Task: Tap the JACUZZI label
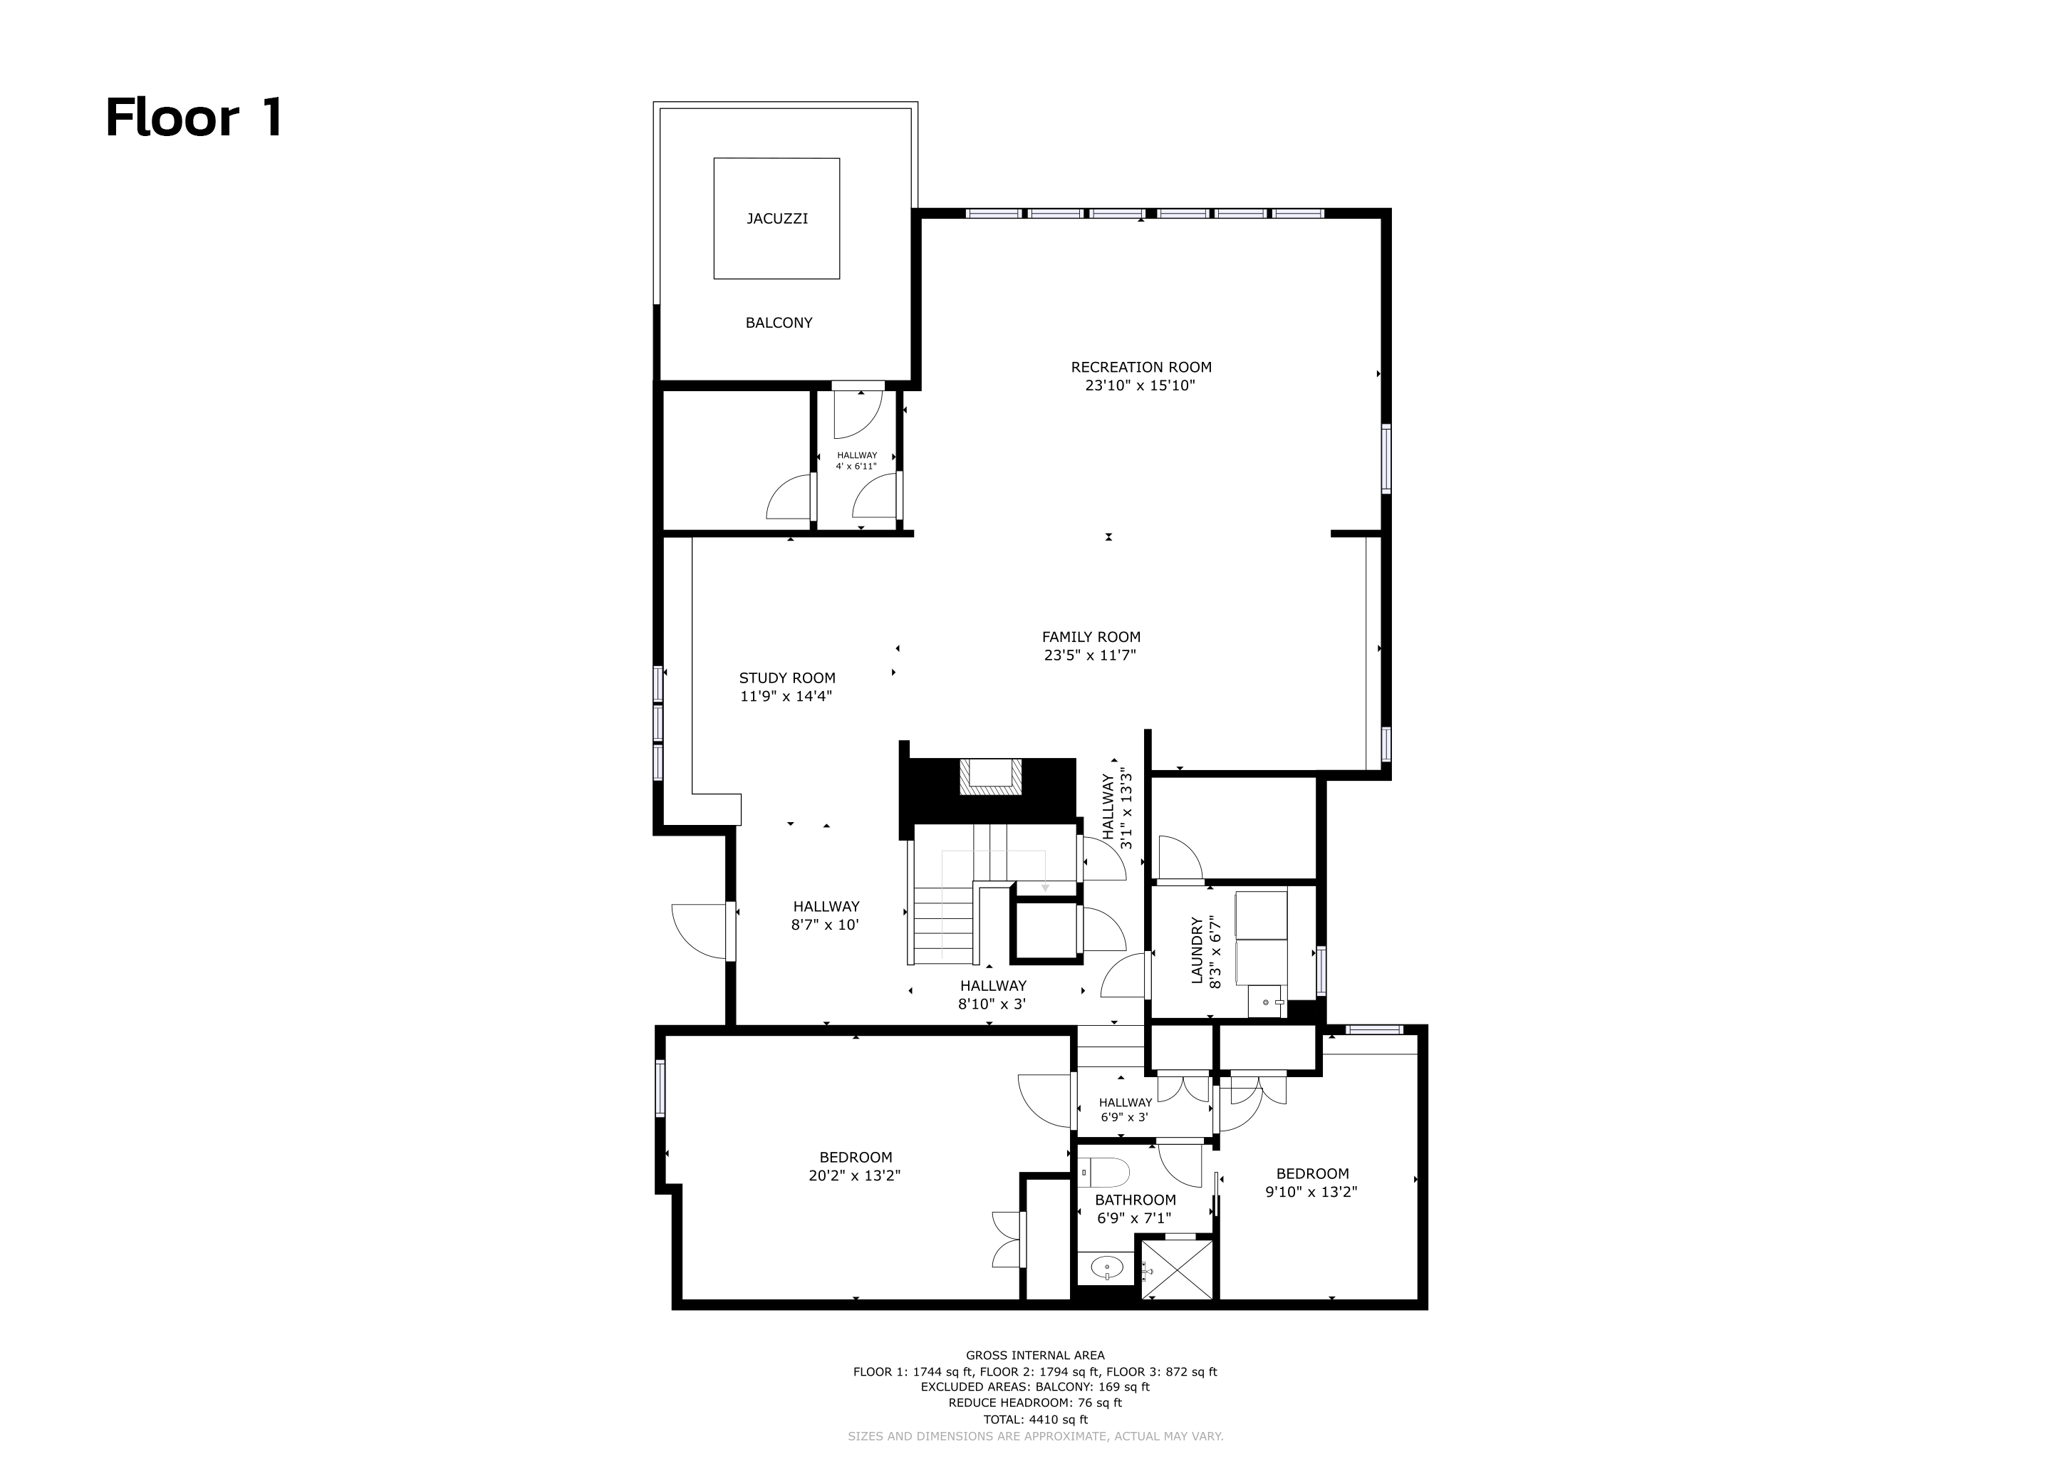point(777,218)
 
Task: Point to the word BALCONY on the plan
point(779,323)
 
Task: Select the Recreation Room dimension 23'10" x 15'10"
point(1140,385)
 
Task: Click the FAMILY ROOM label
point(1091,637)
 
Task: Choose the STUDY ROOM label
point(787,678)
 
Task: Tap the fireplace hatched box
point(991,777)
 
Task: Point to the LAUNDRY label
point(1197,950)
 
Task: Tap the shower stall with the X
point(1177,1269)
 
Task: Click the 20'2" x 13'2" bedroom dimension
point(855,1175)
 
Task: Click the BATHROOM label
point(1135,1200)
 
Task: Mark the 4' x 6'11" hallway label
point(856,467)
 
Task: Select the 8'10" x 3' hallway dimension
point(992,1004)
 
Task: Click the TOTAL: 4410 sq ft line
point(1035,1420)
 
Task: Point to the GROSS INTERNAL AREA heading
point(1035,1356)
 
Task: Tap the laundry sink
point(1267,1002)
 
